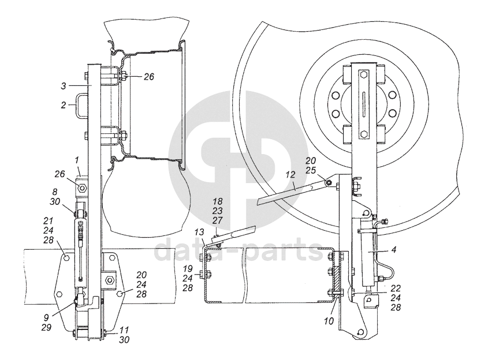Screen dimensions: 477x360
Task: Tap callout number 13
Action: coord(199,231)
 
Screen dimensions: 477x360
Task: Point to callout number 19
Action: coord(187,269)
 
